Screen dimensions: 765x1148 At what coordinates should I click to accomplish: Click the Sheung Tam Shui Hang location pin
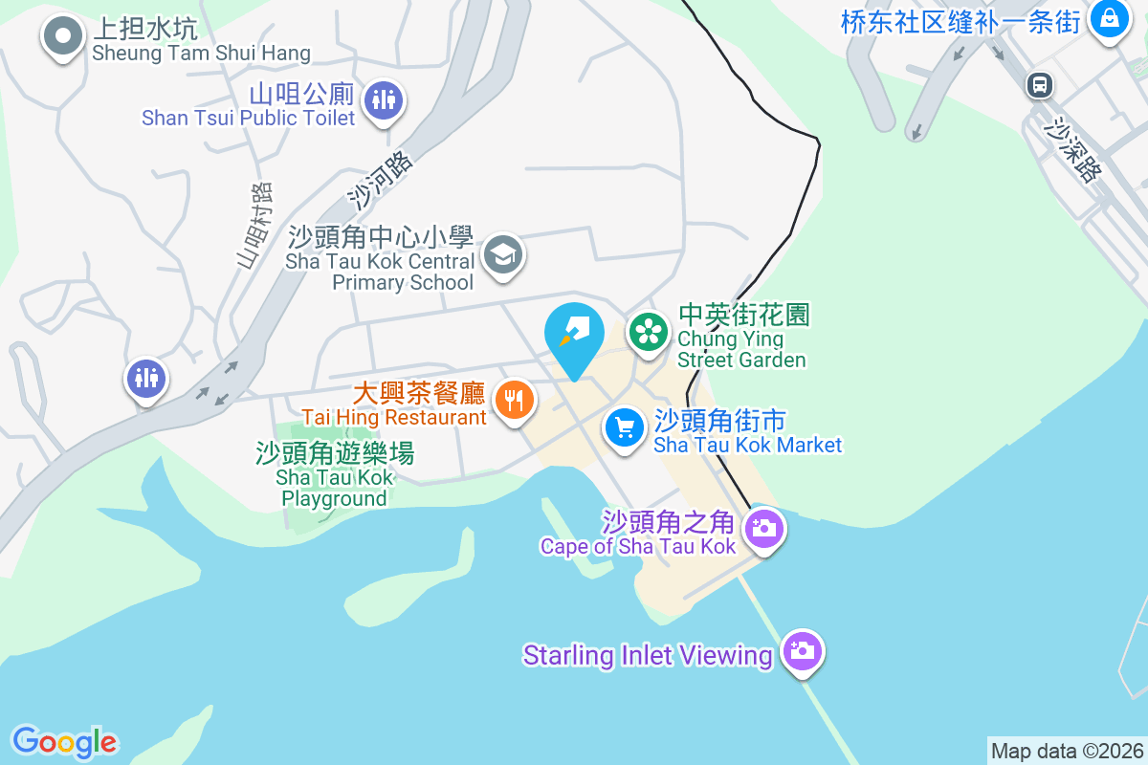click(x=63, y=37)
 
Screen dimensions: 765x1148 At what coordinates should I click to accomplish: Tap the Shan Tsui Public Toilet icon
click(x=384, y=98)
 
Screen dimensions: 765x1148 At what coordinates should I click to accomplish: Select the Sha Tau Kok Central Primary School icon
click(x=502, y=255)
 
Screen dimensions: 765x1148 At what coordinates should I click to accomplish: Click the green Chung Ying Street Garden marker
click(x=649, y=333)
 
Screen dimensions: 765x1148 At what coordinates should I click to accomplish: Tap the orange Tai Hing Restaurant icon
click(x=515, y=399)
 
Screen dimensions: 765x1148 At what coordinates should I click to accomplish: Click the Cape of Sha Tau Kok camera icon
click(x=763, y=527)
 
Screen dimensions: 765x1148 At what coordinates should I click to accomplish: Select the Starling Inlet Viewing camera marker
click(x=803, y=652)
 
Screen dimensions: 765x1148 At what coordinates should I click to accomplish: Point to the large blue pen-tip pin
click(x=574, y=335)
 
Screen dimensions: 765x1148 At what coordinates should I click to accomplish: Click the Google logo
click(x=64, y=741)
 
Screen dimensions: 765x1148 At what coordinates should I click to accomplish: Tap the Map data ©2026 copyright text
click(x=1067, y=751)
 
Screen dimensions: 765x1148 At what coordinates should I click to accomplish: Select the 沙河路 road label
click(x=380, y=180)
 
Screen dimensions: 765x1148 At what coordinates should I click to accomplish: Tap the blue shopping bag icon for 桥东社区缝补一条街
click(x=1109, y=18)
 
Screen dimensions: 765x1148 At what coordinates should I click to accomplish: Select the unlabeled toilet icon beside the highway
click(x=145, y=379)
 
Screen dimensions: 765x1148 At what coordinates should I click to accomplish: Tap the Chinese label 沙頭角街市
click(x=720, y=421)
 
